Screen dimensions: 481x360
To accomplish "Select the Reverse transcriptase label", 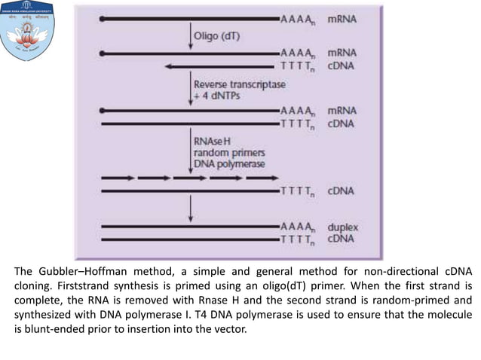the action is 239,84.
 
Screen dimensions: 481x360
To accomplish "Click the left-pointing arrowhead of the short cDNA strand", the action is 167,66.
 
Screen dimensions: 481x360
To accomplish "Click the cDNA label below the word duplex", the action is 342,239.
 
